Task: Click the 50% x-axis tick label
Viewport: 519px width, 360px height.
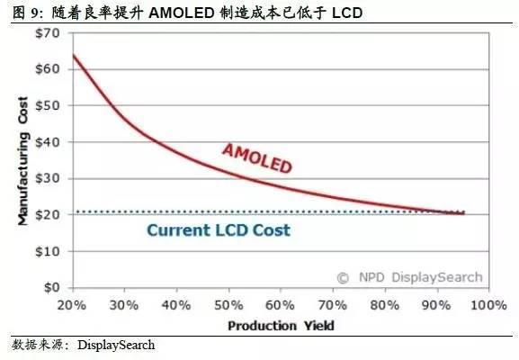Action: [226, 305]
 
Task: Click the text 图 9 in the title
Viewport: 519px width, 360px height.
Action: [23, 11]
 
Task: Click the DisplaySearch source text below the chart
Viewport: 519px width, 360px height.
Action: [116, 345]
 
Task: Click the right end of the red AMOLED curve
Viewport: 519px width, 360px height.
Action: [463, 212]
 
